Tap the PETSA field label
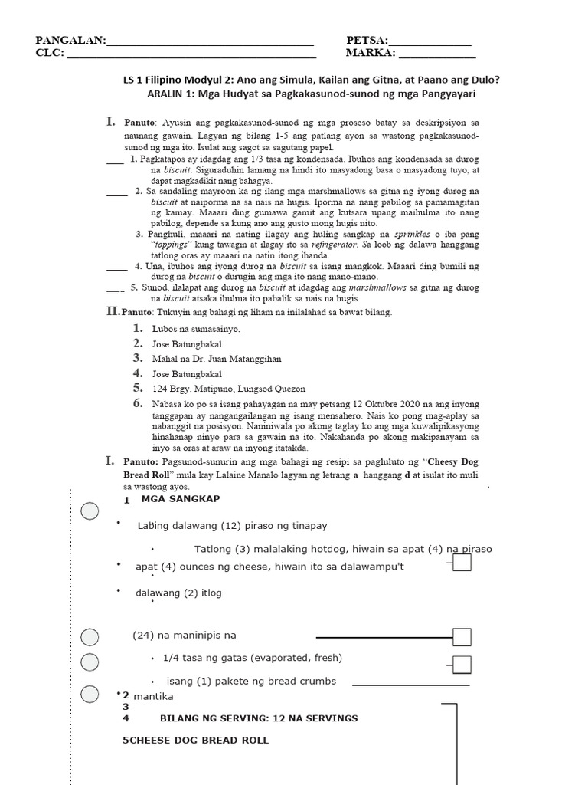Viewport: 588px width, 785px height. click(x=367, y=41)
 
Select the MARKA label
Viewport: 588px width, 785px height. click(x=370, y=53)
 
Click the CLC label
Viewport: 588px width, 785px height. click(x=49, y=53)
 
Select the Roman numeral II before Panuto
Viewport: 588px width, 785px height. click(x=113, y=312)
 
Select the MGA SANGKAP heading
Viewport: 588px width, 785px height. click(x=181, y=499)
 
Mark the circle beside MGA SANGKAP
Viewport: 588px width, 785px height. click(x=90, y=511)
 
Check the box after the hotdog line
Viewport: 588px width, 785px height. click(x=462, y=563)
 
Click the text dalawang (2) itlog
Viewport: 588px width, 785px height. click(x=178, y=593)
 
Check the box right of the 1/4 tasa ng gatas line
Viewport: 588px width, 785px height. click(x=462, y=664)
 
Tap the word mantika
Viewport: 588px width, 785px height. click(x=155, y=696)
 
